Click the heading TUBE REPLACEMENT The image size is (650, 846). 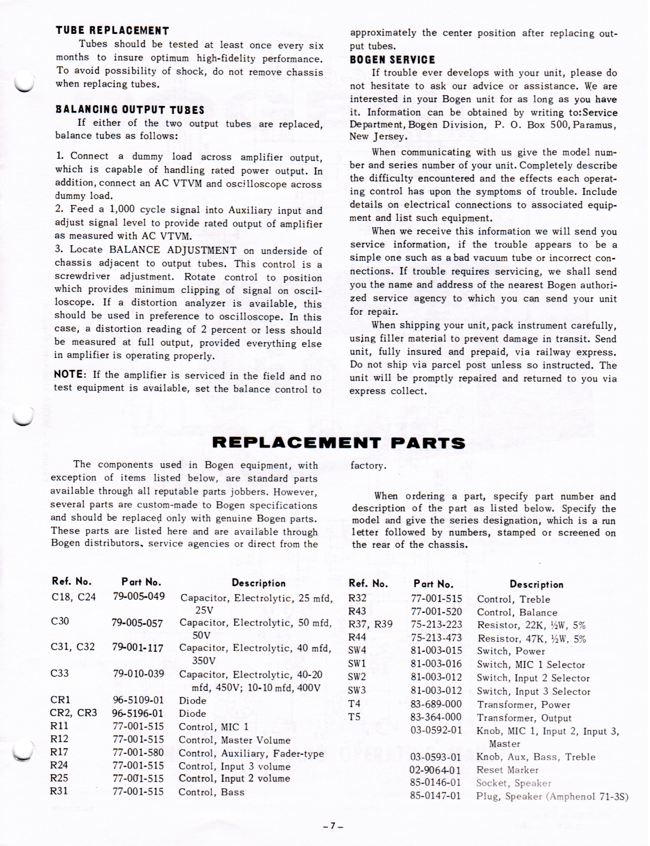click(112, 31)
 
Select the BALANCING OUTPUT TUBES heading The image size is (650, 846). click(130, 110)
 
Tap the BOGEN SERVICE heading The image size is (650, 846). click(392, 60)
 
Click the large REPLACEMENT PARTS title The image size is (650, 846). click(338, 443)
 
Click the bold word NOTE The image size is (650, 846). click(69, 374)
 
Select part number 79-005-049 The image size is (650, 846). click(139, 596)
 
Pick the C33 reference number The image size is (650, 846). click(60, 673)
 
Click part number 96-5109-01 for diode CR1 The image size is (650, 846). click(138, 700)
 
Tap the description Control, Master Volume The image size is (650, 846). click(234, 740)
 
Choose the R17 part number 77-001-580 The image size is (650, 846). click(138, 753)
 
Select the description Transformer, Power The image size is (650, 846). click(523, 705)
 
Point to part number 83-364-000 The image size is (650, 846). click(435, 718)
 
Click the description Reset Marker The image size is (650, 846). click(507, 770)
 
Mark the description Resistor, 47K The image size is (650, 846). click(531, 639)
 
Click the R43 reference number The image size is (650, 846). click(357, 611)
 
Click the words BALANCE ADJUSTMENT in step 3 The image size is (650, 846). click(173, 250)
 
